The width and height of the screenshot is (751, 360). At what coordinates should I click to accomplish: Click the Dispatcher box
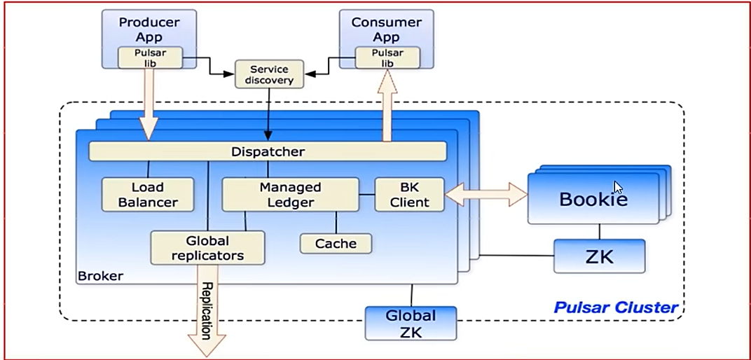point(268,151)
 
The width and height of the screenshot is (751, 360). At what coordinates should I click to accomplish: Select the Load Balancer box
point(147,195)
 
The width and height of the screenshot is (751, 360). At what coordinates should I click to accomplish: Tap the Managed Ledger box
point(289,195)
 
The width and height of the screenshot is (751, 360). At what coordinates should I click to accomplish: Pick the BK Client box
point(409,195)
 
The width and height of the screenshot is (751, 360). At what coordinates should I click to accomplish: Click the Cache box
point(336,244)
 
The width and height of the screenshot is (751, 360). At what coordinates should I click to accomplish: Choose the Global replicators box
point(207,248)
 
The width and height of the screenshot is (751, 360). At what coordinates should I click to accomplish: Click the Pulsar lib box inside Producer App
point(150,58)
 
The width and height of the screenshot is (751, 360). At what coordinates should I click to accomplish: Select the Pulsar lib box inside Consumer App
point(387,58)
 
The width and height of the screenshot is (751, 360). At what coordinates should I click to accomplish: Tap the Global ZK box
point(411,323)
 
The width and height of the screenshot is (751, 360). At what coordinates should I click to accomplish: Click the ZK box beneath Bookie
point(599,256)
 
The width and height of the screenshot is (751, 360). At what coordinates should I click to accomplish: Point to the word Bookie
point(593,199)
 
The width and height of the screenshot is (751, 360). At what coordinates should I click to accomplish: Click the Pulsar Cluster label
point(616,307)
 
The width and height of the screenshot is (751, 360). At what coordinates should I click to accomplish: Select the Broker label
point(100,276)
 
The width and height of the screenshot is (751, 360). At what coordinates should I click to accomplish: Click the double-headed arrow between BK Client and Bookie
point(486,194)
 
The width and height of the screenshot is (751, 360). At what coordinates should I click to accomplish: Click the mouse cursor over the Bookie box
point(617,187)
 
